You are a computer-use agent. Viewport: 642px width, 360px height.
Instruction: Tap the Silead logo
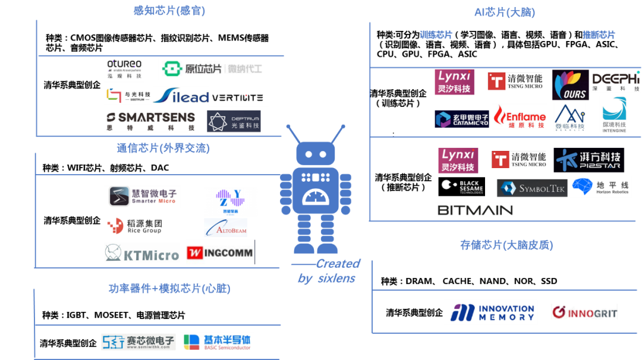click(182, 96)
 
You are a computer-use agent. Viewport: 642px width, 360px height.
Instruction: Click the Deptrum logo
click(234, 121)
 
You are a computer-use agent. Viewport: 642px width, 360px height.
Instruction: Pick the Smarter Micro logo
click(143, 197)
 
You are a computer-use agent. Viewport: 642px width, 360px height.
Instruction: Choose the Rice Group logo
click(134, 226)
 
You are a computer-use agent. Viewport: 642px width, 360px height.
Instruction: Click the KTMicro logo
click(142, 253)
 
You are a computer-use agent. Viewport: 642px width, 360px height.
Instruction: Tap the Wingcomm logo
click(221, 252)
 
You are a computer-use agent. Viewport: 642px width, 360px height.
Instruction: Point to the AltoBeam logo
click(226, 228)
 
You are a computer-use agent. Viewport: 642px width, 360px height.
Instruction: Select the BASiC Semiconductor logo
click(216, 342)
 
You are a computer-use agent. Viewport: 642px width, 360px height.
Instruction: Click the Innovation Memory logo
click(490, 312)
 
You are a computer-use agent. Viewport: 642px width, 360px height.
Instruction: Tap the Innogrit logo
click(584, 312)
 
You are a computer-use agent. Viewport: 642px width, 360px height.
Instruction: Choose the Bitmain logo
click(475, 209)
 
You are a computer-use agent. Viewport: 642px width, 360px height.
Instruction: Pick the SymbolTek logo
click(532, 188)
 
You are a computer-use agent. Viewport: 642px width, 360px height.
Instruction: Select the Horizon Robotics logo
click(601, 187)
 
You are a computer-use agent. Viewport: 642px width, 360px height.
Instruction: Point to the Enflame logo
click(519, 116)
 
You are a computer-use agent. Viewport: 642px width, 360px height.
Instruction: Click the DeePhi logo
click(616, 81)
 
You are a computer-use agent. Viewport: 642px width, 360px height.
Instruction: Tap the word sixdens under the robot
click(335, 279)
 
